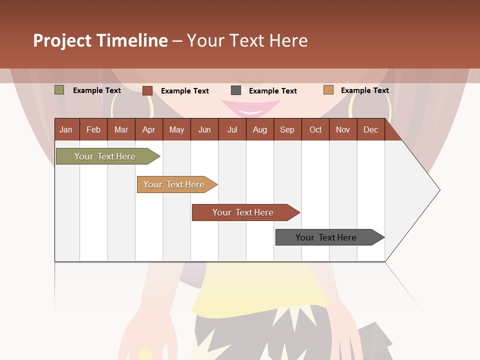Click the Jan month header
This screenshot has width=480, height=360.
[x=66, y=129]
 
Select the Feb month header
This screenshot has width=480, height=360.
[x=93, y=129]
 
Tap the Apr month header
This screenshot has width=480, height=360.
[x=148, y=129]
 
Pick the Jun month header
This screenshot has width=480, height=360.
[x=204, y=129]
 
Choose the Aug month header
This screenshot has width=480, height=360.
[x=259, y=129]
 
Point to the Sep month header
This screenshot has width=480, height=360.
[x=287, y=129]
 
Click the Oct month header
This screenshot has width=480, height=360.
[x=315, y=129]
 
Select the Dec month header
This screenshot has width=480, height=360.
[x=370, y=129]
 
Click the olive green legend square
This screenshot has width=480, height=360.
[x=59, y=90]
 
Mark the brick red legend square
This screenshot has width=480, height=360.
[x=147, y=90]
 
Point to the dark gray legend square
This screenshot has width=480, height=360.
[x=236, y=90]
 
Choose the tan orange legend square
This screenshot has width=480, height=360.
[x=328, y=90]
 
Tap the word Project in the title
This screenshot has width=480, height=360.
[x=62, y=40]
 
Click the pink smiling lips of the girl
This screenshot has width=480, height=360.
[x=250, y=107]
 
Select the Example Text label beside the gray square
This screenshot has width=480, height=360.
[x=272, y=91]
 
